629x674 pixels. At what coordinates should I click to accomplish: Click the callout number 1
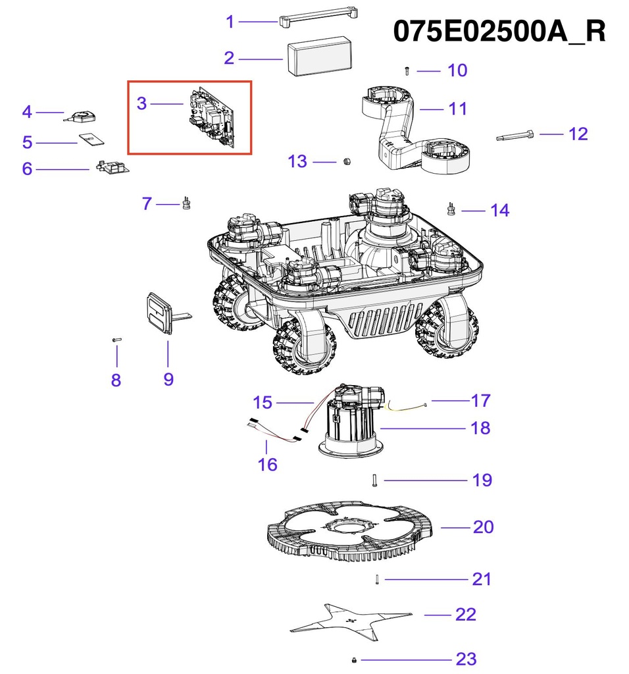[230, 22]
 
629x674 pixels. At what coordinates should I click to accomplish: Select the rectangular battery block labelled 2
[319, 57]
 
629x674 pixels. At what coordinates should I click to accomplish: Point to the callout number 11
[458, 108]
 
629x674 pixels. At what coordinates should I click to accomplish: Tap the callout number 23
[466, 658]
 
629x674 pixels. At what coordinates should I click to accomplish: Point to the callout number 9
[168, 379]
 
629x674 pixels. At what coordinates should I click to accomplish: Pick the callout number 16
[267, 465]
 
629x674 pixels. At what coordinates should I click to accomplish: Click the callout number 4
[27, 112]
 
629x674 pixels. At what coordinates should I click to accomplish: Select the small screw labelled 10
[407, 69]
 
